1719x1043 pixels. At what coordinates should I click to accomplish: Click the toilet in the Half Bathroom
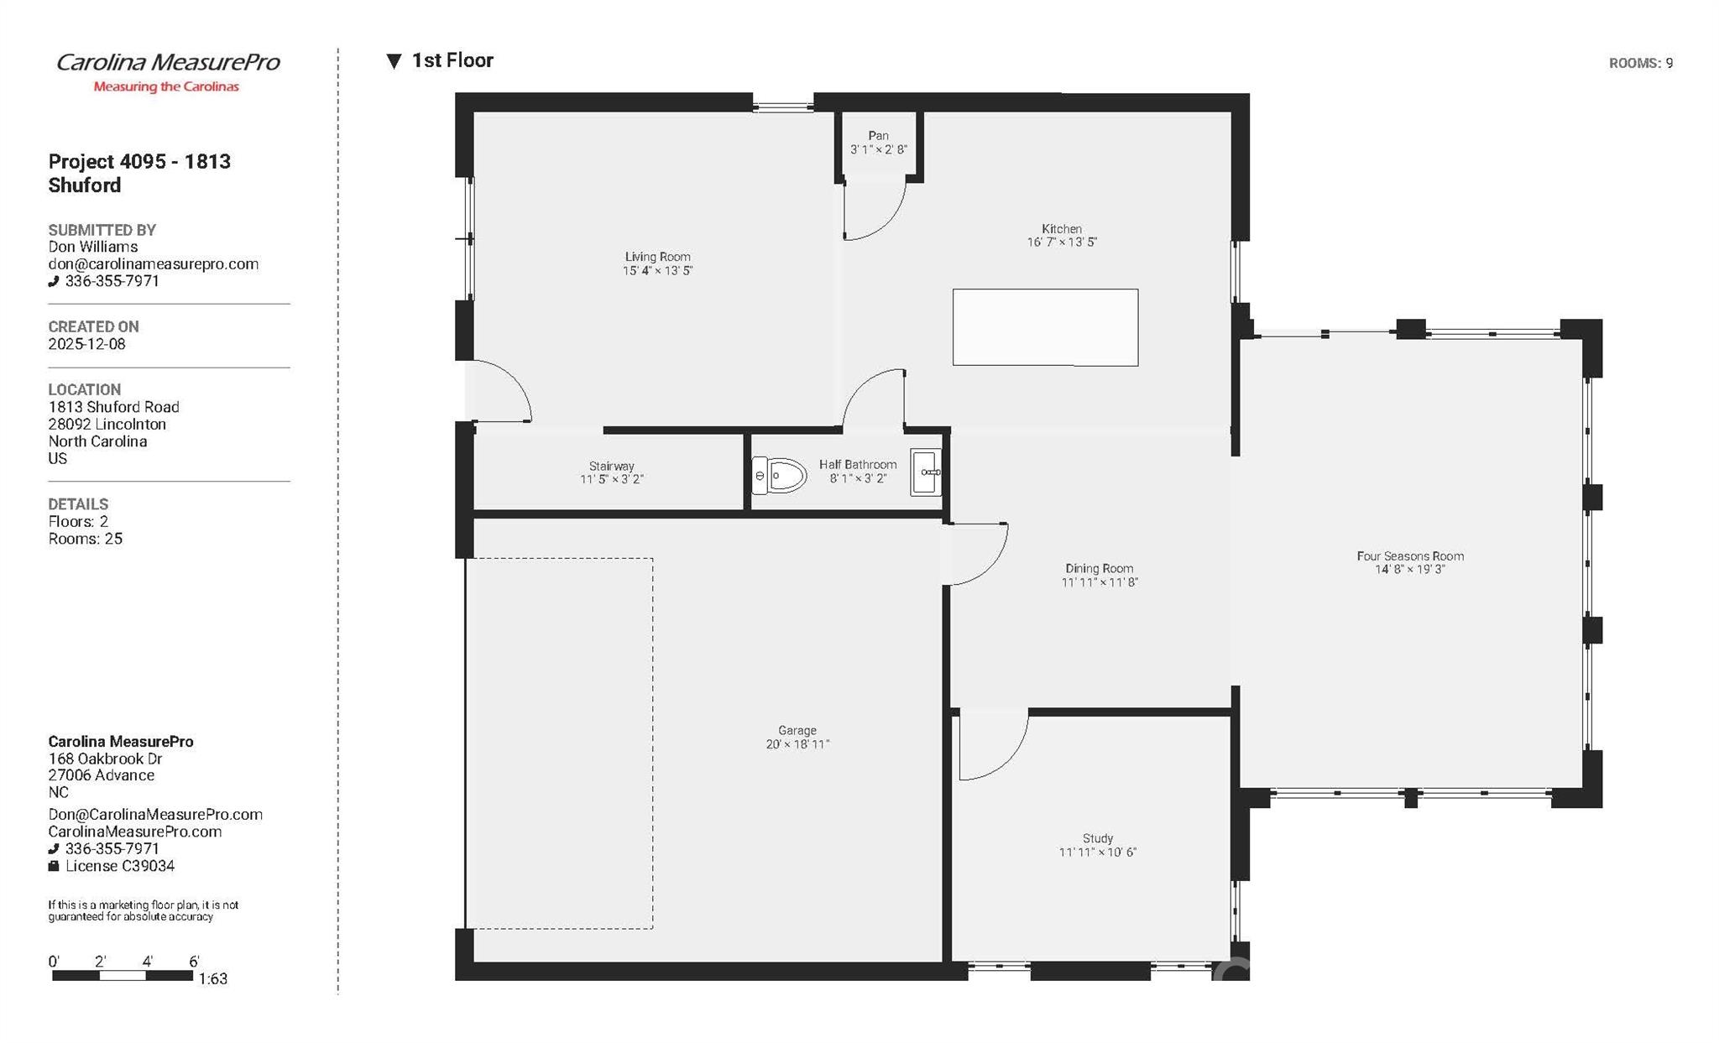point(779,476)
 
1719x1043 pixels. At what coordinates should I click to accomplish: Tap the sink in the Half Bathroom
point(926,473)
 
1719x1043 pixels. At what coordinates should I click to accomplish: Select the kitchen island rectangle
point(1045,327)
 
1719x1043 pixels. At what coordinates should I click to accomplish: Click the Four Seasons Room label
point(1410,556)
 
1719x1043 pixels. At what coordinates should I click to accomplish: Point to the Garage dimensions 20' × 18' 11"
point(797,744)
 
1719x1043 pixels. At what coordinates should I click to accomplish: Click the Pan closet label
point(878,136)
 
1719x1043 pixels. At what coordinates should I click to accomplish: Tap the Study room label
point(1098,838)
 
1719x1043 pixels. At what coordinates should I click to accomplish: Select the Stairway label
point(611,467)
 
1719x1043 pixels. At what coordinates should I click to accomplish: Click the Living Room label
point(657,258)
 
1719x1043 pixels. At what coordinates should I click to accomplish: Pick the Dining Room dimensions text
point(1100,582)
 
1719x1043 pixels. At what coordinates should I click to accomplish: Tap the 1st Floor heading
point(452,60)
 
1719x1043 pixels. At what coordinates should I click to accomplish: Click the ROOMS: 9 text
point(1640,64)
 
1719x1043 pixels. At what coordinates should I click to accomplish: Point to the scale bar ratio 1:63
point(213,978)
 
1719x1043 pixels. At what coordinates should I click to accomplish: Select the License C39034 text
point(119,866)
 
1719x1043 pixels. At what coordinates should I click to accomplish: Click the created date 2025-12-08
point(86,344)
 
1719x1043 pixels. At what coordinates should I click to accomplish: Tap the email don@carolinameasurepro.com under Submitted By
point(153,264)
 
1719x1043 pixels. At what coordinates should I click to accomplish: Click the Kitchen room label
point(1062,229)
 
